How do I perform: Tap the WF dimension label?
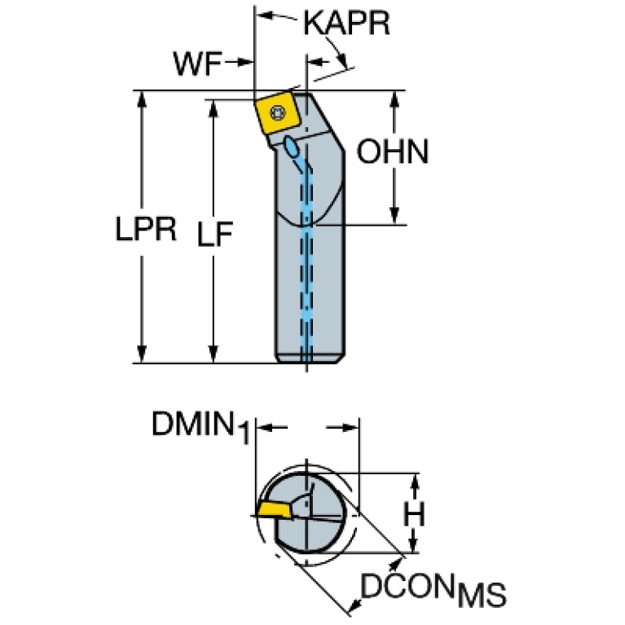pos(197,63)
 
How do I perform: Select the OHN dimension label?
pos(393,152)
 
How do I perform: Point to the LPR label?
pos(145,230)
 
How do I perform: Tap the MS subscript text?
pos(480,595)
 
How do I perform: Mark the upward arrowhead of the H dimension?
pos(416,482)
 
